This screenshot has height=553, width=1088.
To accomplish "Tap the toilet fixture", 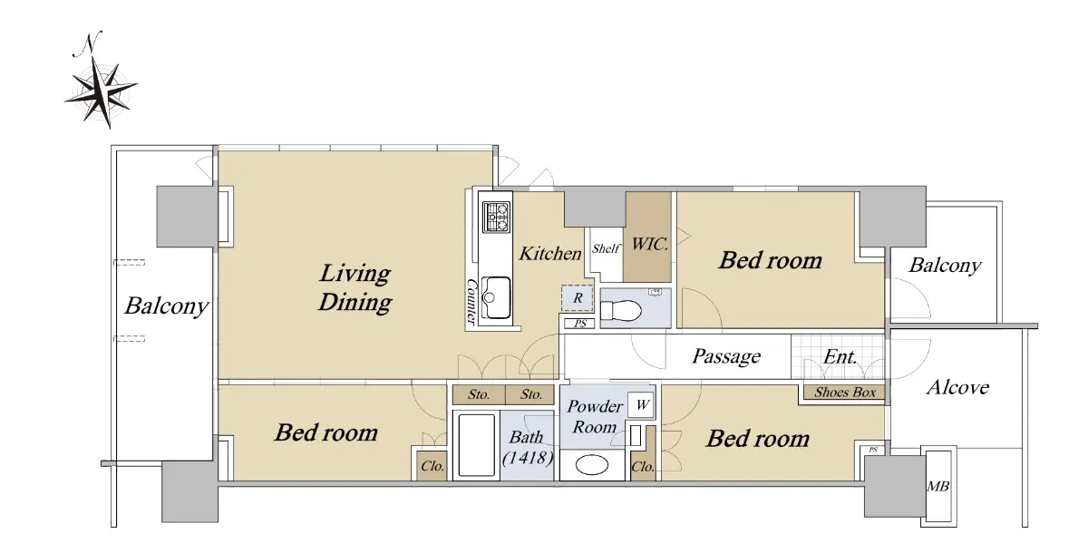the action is [x=621, y=311].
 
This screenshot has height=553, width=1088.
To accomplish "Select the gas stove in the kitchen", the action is [x=497, y=217].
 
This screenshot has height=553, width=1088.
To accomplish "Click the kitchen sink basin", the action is [x=496, y=297].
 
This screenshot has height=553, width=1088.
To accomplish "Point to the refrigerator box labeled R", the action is [x=577, y=298].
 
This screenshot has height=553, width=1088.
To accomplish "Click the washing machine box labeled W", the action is [x=641, y=405].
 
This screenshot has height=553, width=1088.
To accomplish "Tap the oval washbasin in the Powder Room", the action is [x=591, y=465].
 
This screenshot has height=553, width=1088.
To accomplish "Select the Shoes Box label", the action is [x=845, y=393].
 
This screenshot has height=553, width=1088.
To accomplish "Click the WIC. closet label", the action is [x=649, y=244].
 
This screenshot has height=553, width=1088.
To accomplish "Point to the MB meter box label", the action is [x=937, y=486].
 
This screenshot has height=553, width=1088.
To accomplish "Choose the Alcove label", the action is [x=957, y=387].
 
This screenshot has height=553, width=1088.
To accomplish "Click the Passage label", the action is [x=726, y=356].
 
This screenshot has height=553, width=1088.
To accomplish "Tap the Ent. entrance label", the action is [x=840, y=357].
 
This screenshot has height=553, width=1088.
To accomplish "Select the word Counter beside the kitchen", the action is [x=471, y=301].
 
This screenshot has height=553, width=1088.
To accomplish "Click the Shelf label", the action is [x=606, y=248].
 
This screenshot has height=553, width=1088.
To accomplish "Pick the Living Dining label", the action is [x=355, y=287].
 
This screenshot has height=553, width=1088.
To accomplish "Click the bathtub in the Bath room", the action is [x=476, y=445].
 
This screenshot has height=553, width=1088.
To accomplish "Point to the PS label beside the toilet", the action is [x=580, y=324].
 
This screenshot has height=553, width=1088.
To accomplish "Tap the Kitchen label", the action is [x=549, y=254].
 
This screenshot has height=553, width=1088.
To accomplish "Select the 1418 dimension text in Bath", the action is [x=528, y=458].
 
